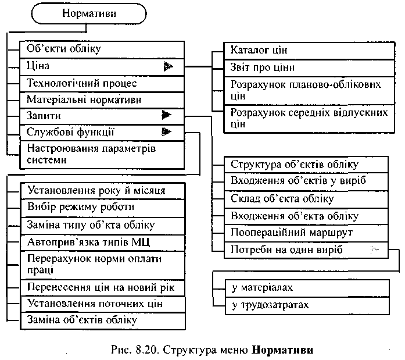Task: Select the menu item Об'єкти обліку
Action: point(64,49)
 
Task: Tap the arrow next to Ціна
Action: point(169,66)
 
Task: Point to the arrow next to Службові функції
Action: point(167,132)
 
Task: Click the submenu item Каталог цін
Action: point(259,50)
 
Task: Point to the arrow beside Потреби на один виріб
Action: point(375,249)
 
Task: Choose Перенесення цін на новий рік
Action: point(102,287)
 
